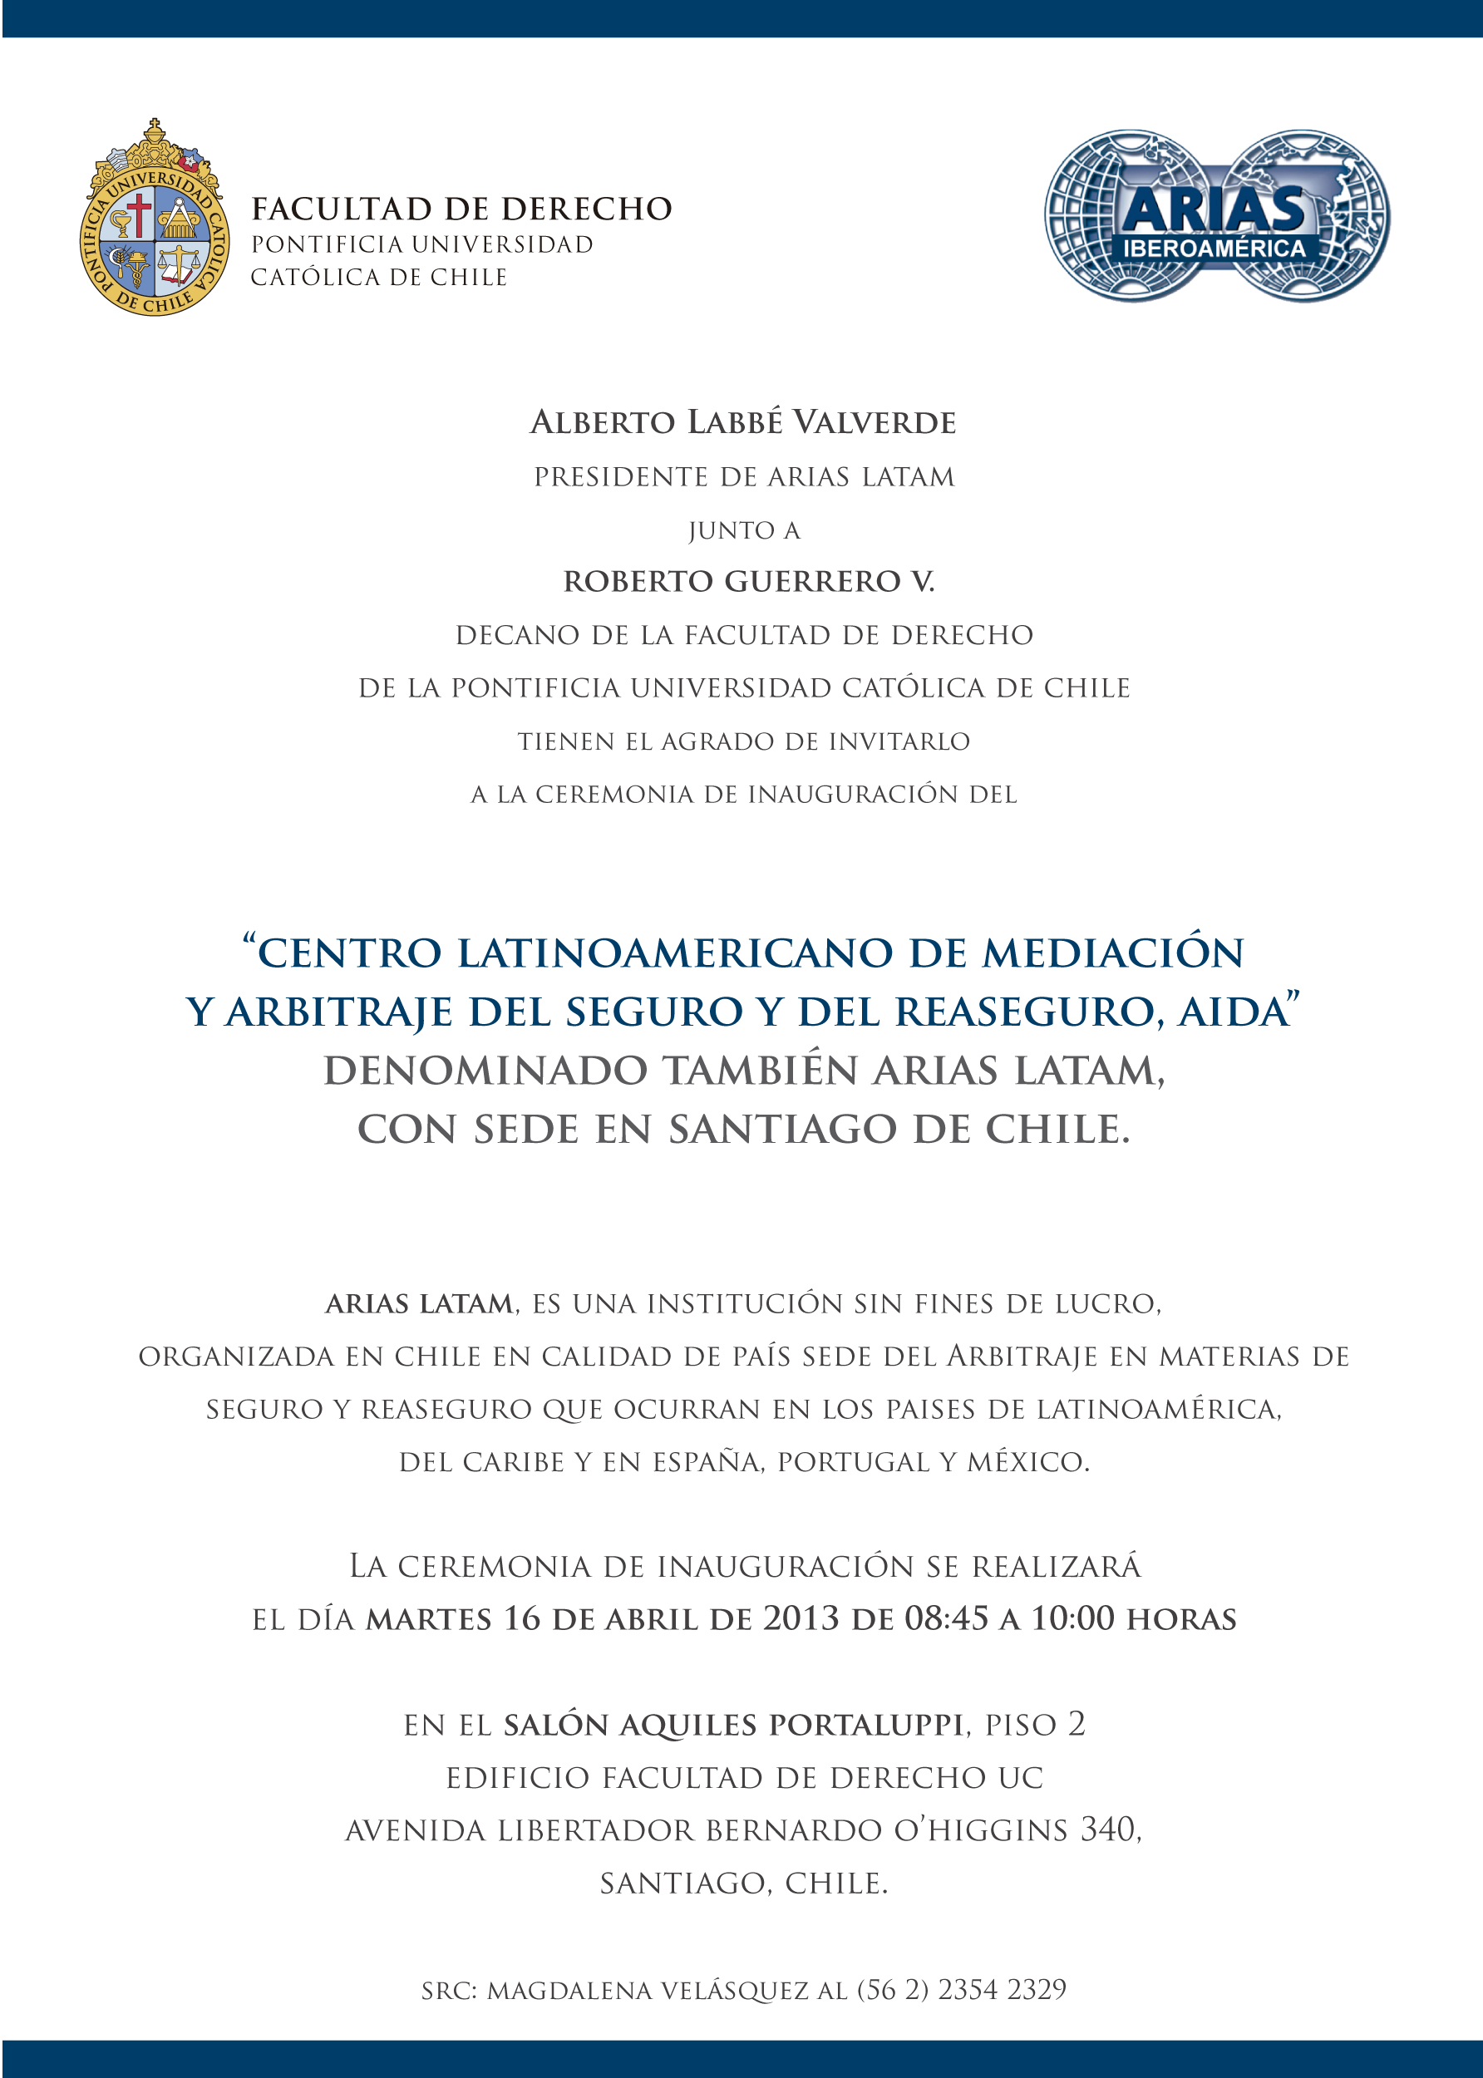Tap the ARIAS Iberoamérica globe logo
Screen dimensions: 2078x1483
(x=1216, y=216)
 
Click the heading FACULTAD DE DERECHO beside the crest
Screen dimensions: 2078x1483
(x=461, y=209)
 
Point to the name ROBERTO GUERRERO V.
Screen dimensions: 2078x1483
(x=749, y=582)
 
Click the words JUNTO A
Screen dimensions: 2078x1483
(x=744, y=530)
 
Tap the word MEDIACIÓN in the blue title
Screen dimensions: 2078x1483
(x=1113, y=953)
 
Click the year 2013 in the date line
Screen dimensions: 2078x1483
(x=801, y=1618)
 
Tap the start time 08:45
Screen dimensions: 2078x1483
(x=946, y=1618)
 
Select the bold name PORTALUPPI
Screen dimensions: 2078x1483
(x=865, y=1725)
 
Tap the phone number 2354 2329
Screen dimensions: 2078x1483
(x=1002, y=1989)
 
